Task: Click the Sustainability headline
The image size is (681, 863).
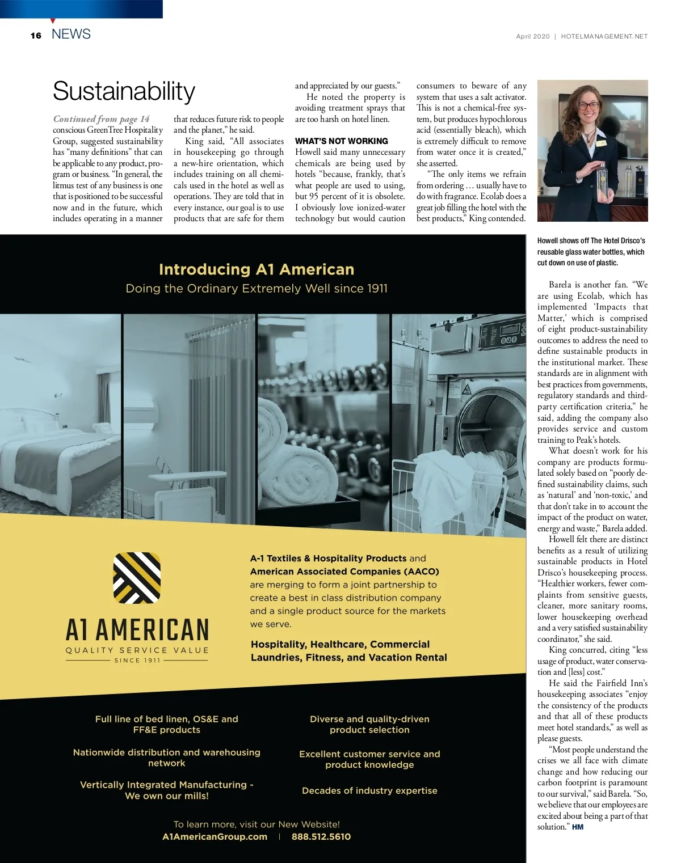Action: [x=124, y=91]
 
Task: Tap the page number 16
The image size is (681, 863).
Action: [x=36, y=35]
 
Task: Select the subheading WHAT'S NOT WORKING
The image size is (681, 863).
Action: [x=341, y=141]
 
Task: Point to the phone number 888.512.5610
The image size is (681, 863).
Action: [x=321, y=836]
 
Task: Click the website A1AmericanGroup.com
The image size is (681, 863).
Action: [x=215, y=836]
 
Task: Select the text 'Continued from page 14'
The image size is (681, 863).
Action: [x=101, y=119]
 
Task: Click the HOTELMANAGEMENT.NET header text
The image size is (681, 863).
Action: [x=604, y=36]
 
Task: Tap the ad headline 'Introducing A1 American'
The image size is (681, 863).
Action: [x=257, y=269]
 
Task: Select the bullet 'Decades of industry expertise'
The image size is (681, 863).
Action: [x=369, y=790]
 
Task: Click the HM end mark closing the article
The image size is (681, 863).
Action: [x=578, y=827]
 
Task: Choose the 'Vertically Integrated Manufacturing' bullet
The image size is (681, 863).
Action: [x=166, y=790]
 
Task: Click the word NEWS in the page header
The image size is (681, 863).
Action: [x=71, y=34]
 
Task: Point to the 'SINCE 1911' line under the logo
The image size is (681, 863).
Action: [x=137, y=660]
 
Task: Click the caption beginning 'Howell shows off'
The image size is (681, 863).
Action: [x=591, y=252]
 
